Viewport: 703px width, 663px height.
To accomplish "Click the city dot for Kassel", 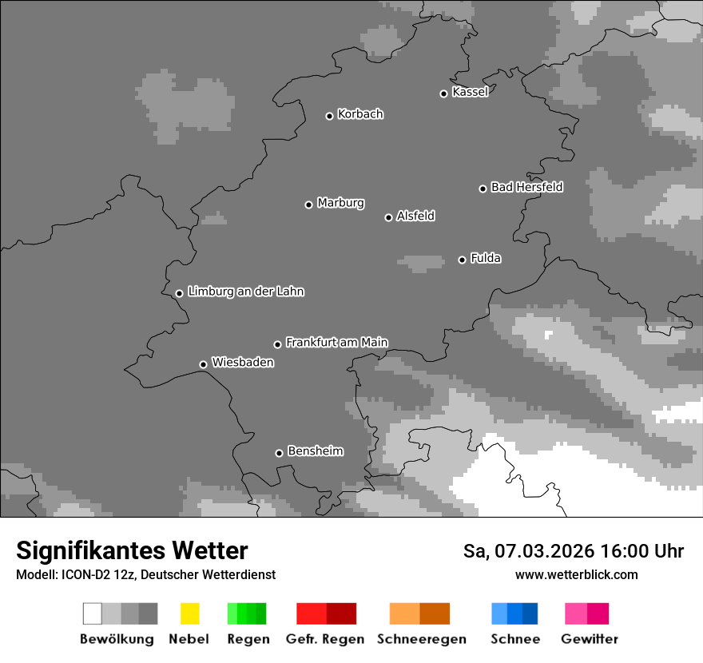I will pyautogui.click(x=444, y=93).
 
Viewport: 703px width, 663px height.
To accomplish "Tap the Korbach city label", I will pyautogui.click(x=360, y=114).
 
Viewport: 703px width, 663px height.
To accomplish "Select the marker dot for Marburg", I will pyautogui.click(x=309, y=204).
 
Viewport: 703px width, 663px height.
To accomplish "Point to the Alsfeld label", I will pyautogui.click(x=415, y=216).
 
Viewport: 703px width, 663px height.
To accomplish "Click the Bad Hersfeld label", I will pyautogui.click(x=526, y=187).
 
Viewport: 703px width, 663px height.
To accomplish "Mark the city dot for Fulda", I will pyautogui.click(x=463, y=260).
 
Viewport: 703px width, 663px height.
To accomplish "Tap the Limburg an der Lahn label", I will pyautogui.click(x=245, y=292).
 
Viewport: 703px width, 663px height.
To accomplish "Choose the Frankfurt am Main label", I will pyautogui.click(x=336, y=343).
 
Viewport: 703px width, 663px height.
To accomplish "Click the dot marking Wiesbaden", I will pyautogui.click(x=204, y=364).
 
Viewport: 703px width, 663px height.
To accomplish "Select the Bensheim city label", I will pyautogui.click(x=315, y=451).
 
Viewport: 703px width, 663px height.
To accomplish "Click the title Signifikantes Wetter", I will pyautogui.click(x=132, y=551).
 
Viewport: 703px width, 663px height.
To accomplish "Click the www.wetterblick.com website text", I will pyautogui.click(x=576, y=575).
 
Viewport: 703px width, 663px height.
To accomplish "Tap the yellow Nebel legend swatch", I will pyautogui.click(x=189, y=613).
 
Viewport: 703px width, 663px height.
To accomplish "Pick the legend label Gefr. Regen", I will pyautogui.click(x=325, y=639).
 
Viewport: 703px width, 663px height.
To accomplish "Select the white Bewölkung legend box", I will pyautogui.click(x=93, y=613).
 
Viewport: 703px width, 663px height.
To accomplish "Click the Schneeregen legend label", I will pyautogui.click(x=421, y=639).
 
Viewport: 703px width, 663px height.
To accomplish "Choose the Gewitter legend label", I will pyautogui.click(x=589, y=639).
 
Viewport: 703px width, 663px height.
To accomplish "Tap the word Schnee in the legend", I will pyautogui.click(x=514, y=639).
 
